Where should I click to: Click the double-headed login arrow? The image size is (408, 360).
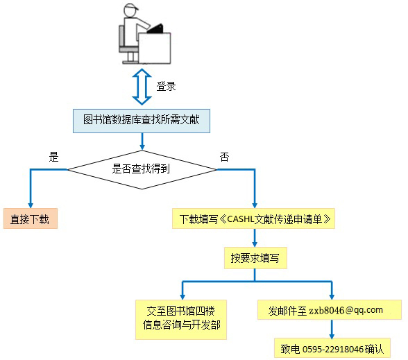[142, 87]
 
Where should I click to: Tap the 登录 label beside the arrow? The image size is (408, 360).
[166, 86]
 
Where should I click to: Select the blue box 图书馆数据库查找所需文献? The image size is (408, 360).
[142, 121]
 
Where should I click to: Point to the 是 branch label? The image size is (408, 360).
[53, 157]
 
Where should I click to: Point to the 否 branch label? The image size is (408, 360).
[224, 157]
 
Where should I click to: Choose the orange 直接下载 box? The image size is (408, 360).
[31, 218]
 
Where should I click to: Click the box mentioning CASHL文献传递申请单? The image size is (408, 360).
[253, 218]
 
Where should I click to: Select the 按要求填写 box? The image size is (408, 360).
[255, 258]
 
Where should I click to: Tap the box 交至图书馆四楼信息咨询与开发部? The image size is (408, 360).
[181, 320]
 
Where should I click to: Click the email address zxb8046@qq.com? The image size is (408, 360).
[346, 310]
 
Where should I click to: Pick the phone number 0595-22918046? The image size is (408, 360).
[333, 349]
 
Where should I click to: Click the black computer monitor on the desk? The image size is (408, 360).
[155, 29]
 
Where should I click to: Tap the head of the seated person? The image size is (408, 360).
[130, 10]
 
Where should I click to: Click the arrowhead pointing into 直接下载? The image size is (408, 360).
[31, 205]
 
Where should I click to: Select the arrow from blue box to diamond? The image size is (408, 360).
[142, 142]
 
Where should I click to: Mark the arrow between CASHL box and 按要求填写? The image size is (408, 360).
[255, 238]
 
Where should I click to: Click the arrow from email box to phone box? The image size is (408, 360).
[332, 329]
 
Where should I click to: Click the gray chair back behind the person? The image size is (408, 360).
[122, 36]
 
